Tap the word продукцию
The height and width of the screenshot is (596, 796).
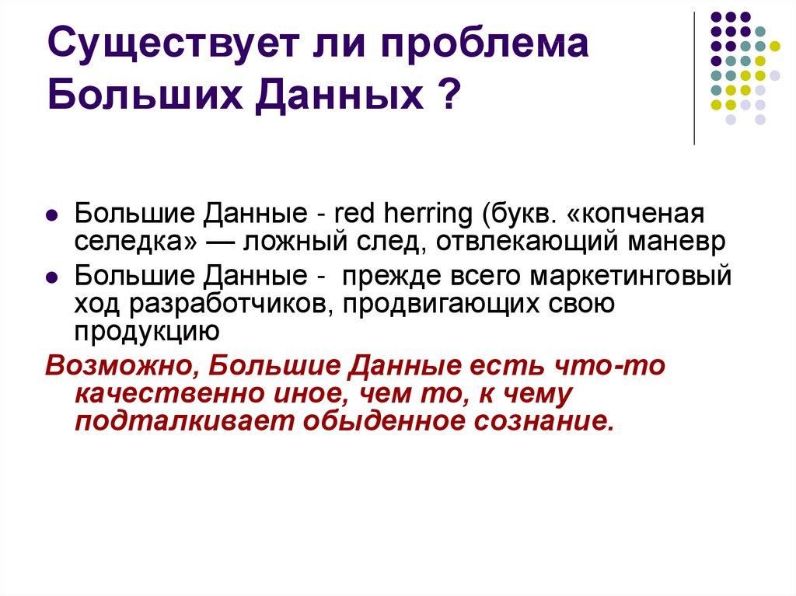tap(148, 331)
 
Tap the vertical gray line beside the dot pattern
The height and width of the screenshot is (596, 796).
tap(693, 78)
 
